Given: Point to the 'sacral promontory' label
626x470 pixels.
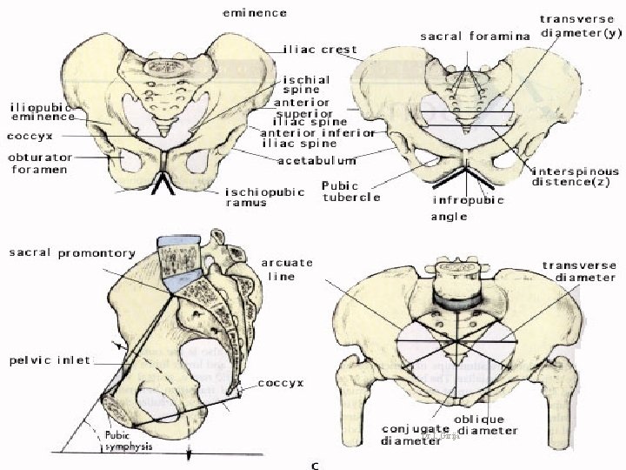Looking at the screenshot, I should tap(72, 253).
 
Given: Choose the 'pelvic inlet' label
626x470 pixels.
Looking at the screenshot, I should tap(50, 359).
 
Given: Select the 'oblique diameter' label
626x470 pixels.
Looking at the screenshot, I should tap(488, 425).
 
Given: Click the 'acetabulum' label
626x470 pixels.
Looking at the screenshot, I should tap(317, 161).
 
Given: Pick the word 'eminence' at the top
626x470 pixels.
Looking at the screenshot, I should tap(256, 13).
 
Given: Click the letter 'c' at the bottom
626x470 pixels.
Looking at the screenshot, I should tap(315, 466).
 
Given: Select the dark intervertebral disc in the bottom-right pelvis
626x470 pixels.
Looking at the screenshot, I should tap(456, 300).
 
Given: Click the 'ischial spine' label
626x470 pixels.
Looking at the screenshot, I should tap(305, 85).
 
